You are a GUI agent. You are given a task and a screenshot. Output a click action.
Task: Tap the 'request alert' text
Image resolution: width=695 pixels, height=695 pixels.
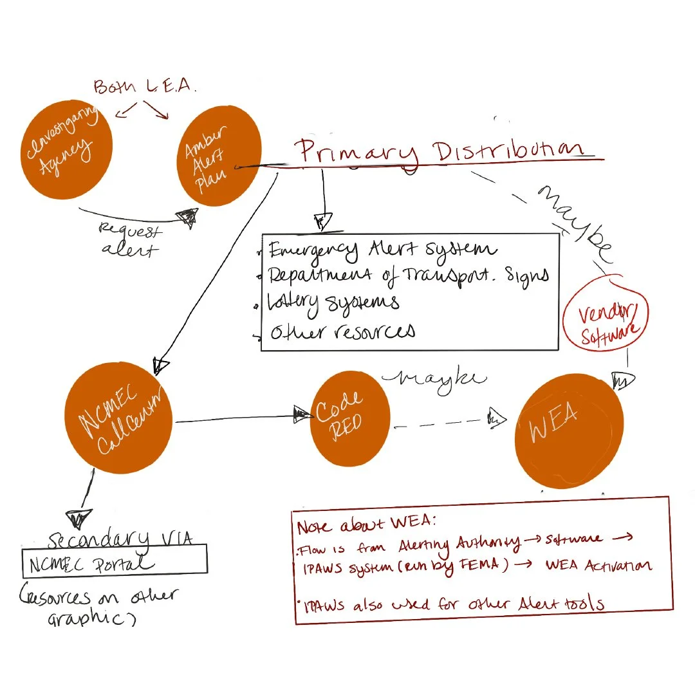[131, 239]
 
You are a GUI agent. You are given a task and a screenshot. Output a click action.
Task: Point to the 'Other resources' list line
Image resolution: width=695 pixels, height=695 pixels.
[342, 331]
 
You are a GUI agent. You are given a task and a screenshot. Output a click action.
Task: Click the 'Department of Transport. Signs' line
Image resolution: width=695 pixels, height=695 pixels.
[408, 275]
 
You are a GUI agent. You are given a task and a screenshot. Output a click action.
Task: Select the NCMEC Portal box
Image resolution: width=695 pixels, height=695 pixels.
[115, 563]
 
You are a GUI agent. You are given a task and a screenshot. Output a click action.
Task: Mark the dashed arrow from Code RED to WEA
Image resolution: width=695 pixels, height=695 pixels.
[444, 423]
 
